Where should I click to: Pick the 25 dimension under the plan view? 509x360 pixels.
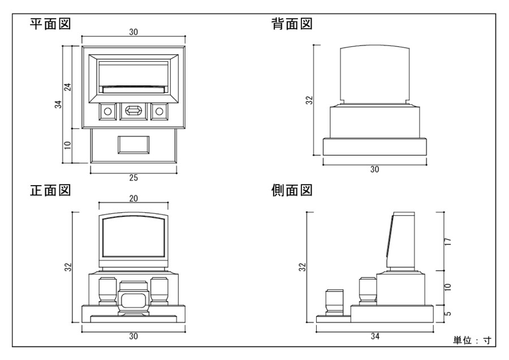click(x=133, y=178)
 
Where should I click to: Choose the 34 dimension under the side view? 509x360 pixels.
click(x=374, y=336)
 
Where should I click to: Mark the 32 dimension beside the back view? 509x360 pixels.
click(x=309, y=100)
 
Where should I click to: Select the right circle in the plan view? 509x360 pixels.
click(x=159, y=111)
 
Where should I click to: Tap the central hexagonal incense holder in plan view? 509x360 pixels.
click(x=133, y=111)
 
